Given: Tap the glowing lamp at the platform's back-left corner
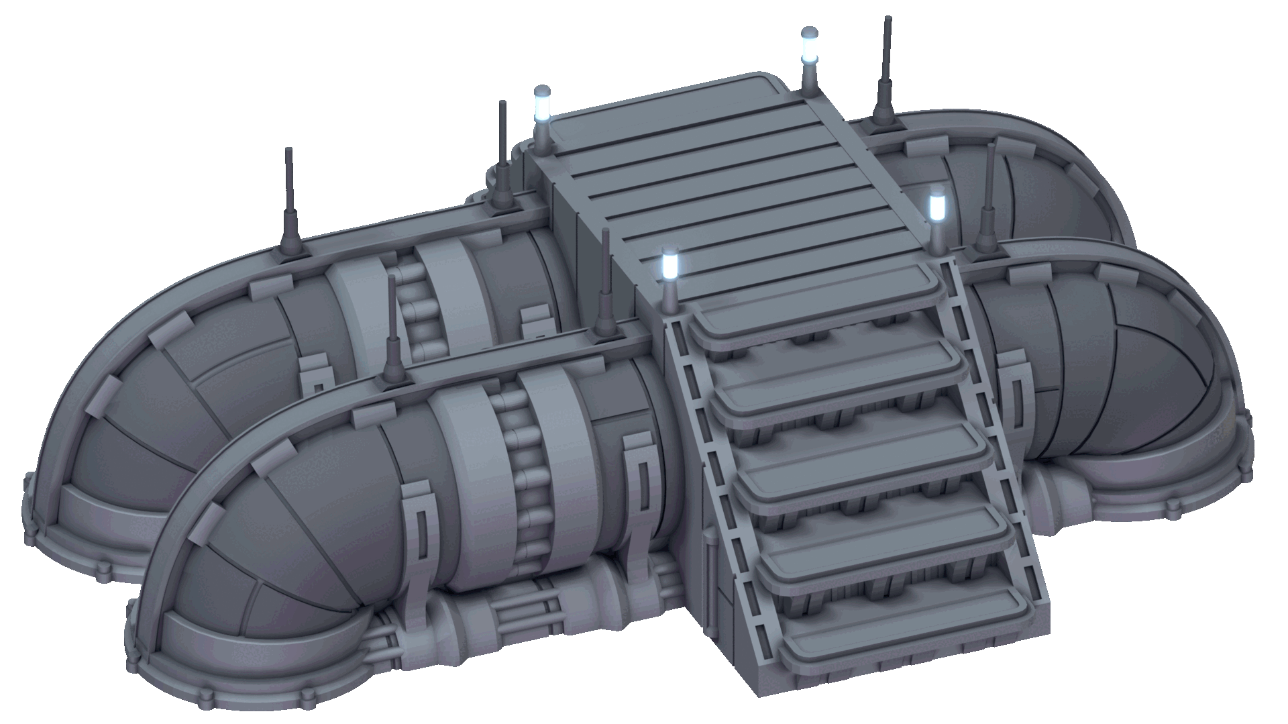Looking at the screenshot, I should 541,104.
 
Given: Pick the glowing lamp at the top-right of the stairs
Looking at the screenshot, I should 936,206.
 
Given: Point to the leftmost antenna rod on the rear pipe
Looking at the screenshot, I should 290,201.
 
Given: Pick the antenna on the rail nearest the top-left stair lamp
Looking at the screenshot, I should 606,282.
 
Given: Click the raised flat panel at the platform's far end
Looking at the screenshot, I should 664,101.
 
